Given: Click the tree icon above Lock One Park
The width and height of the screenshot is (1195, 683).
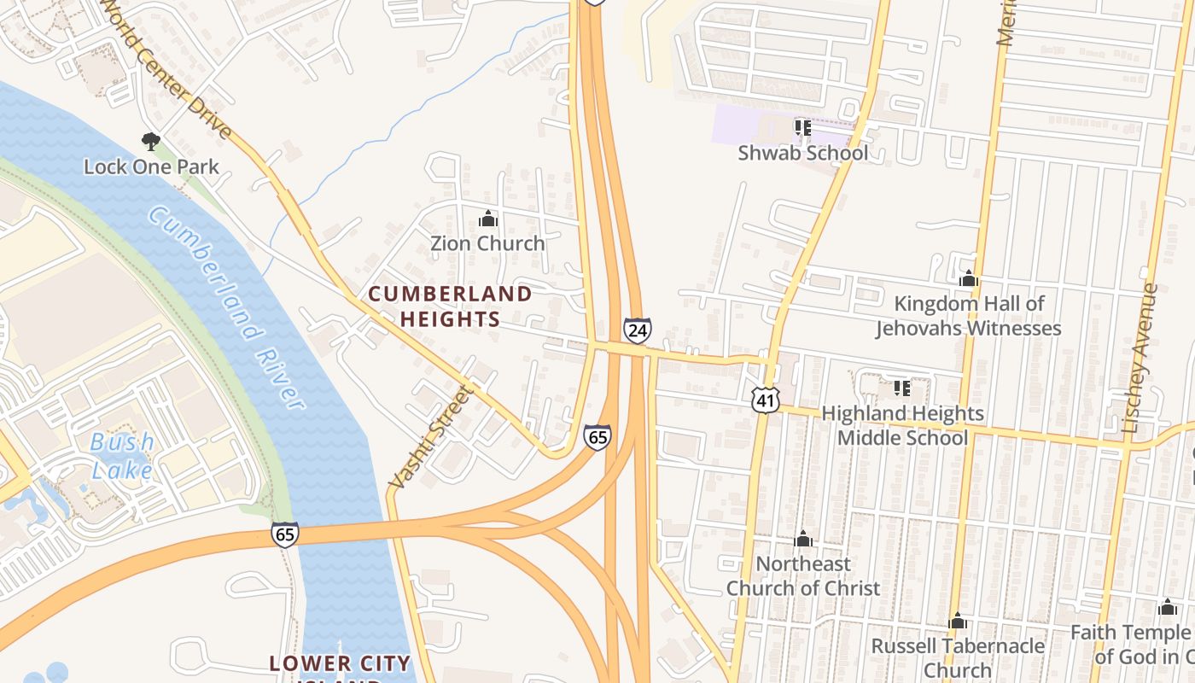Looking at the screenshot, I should pos(151,141).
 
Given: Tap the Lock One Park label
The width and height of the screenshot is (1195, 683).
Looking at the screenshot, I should pos(151,166).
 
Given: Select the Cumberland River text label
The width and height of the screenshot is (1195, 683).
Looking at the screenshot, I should pos(226,307).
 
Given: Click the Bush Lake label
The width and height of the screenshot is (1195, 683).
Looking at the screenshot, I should pos(123,456).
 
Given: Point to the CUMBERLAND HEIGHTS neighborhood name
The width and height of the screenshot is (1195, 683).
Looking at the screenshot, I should pos(450,306).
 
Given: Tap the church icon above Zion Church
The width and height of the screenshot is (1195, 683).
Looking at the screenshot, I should pos(487,219).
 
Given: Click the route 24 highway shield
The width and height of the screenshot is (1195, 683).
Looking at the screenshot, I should pos(637,330).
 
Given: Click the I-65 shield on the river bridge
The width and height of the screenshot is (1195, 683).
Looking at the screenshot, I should pos(285,534).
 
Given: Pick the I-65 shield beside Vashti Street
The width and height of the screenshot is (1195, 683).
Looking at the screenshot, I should pos(597,437).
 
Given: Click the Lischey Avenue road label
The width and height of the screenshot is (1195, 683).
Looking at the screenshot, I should pos(1141,359).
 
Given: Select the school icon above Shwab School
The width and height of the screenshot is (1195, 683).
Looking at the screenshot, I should pos(802,128).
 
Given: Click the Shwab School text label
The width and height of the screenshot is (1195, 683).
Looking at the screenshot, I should pos(802,153).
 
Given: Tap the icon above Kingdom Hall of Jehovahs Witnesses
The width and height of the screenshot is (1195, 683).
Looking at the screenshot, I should pos(968,279).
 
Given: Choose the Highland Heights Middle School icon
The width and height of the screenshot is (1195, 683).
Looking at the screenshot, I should pos(902,389).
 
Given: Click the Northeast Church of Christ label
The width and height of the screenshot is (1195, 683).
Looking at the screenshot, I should pos(802,575).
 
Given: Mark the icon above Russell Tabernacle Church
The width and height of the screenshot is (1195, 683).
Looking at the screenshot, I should pos(958,621).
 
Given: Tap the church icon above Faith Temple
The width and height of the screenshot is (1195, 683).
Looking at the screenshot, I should pos(1167,608).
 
